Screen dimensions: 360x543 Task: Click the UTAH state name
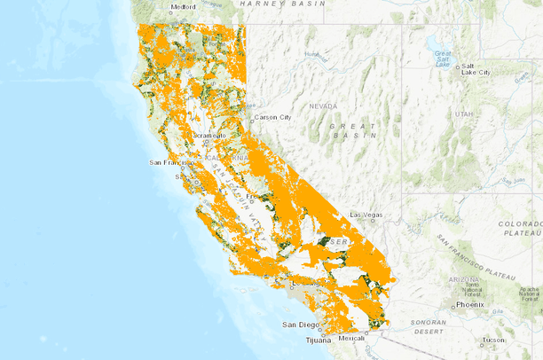[x=463, y=114]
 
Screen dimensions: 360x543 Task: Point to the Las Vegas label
[x=366, y=215]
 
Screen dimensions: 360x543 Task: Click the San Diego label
[x=300, y=325]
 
